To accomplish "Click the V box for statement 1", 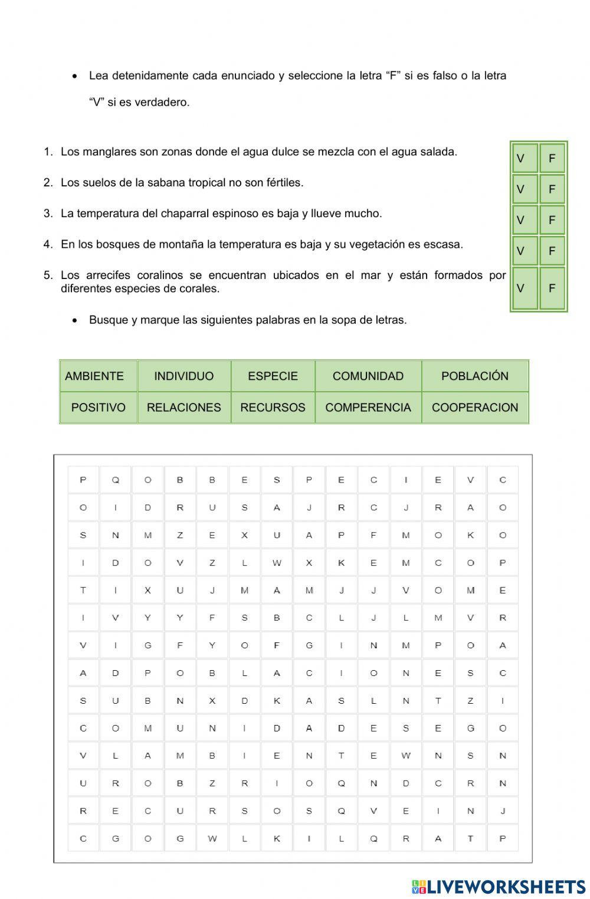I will click(525, 158).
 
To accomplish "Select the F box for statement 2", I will click(552, 189).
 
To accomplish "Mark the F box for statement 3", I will click(552, 220).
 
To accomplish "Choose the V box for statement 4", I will click(525, 251).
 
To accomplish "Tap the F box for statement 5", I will click(552, 288).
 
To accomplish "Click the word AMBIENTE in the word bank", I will click(94, 376).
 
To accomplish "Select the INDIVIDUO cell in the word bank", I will click(183, 376).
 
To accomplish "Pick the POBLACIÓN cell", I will click(474, 376).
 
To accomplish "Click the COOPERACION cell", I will click(474, 407).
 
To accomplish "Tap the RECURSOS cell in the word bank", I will click(273, 407).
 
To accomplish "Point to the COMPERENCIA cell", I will click(368, 407).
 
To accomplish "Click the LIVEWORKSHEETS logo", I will click(499, 887).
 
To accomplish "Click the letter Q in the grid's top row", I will click(116, 480).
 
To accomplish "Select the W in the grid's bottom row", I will click(212, 838).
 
